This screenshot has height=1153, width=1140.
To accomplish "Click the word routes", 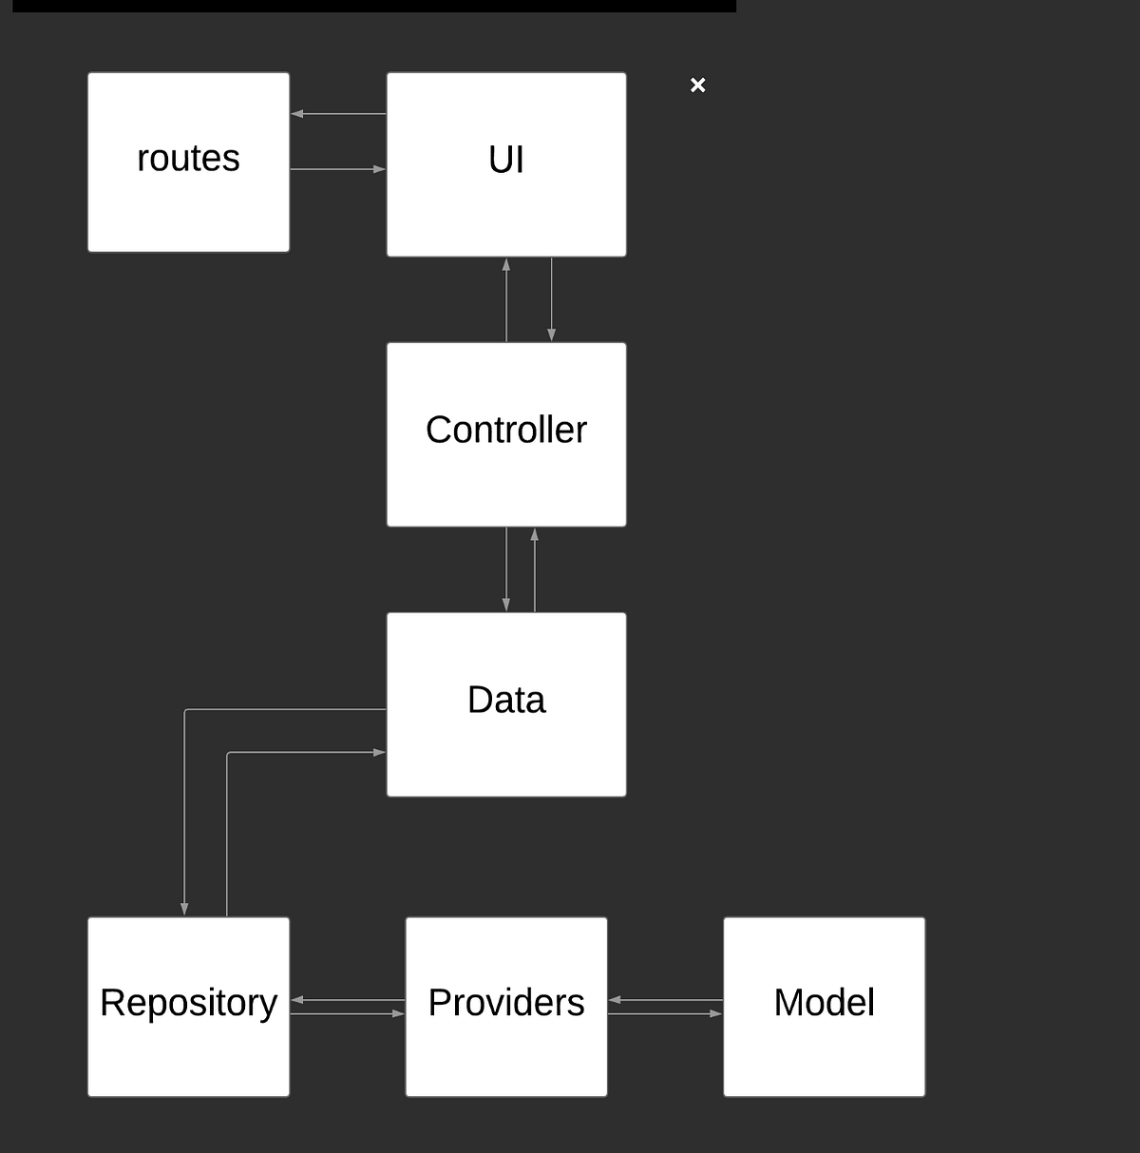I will tap(188, 159).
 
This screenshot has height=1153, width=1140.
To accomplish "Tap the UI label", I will tap(506, 160).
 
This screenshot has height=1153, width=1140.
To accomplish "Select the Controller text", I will tap(506, 430).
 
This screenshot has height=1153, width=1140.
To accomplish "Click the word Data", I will tap(506, 701).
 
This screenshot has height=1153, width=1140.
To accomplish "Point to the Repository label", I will tap(188, 1003).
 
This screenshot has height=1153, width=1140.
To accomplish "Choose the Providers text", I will tap(506, 1003).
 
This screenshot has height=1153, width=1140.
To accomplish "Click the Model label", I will tap(824, 1003).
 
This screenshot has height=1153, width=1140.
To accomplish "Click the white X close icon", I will tap(698, 86).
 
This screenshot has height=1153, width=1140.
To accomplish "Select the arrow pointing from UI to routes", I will tap(338, 114).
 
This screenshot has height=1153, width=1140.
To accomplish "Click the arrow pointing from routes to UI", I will tap(338, 169).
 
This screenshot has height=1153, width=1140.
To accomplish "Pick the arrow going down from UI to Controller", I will tap(551, 299).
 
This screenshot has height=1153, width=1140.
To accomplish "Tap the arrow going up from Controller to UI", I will tap(506, 299).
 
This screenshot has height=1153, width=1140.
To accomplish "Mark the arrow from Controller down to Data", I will tap(506, 569).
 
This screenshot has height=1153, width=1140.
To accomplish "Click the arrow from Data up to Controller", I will tap(535, 569).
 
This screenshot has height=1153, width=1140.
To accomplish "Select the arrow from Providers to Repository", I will tap(347, 1000).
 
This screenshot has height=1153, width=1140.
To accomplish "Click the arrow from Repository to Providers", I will tap(347, 1014).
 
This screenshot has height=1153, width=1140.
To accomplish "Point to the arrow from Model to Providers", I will tap(665, 1000).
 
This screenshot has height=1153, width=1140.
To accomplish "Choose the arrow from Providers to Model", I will tap(665, 1014).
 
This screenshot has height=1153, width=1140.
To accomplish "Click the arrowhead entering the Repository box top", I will tap(184, 909).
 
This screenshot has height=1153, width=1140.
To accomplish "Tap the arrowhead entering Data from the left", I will tap(379, 752).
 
